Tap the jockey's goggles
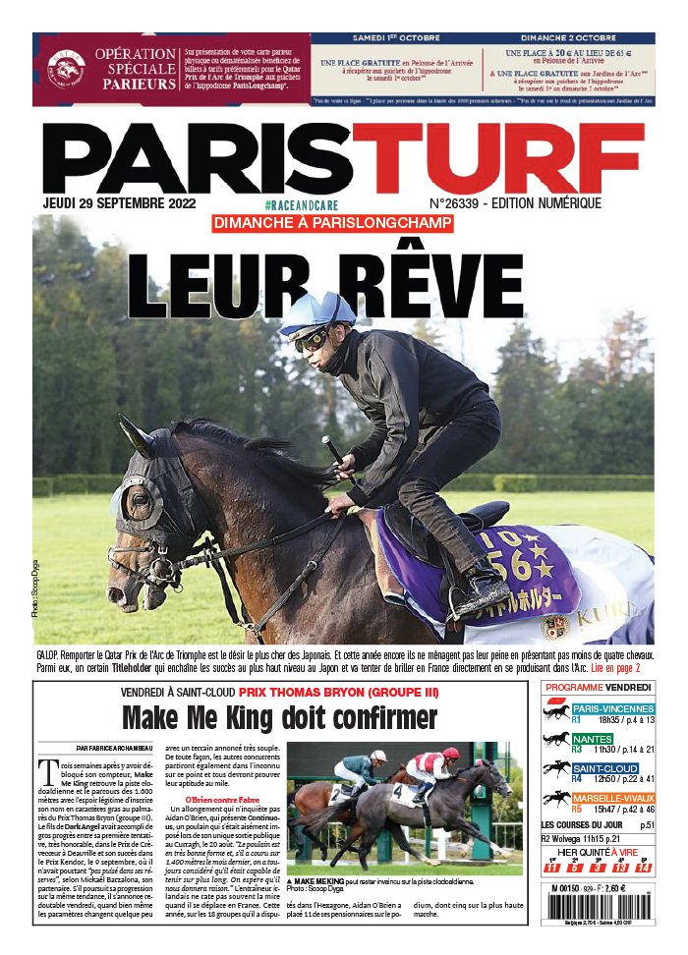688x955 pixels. pyautogui.click(x=312, y=340)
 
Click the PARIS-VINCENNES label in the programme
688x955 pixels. pyautogui.click(x=613, y=707)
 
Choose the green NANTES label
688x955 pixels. pyautogui.click(x=594, y=737)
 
